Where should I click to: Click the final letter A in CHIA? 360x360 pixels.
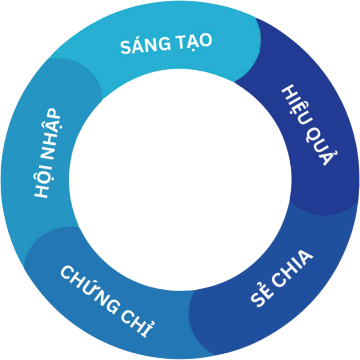[x=307, y=259]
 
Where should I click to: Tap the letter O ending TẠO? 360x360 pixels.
[x=205, y=41]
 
